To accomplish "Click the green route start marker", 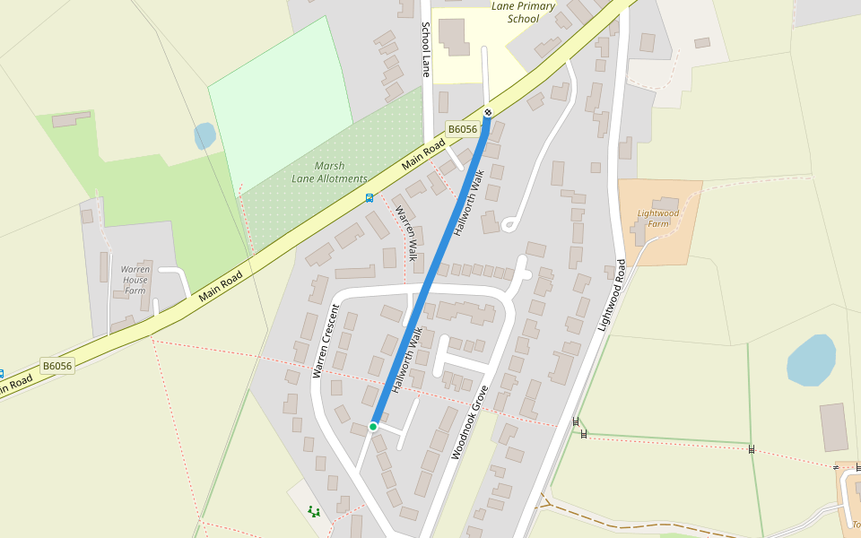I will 373,427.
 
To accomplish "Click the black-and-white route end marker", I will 488,112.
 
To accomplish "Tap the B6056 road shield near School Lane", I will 462,129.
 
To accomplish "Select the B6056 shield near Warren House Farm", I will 57,366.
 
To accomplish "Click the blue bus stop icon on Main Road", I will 369,197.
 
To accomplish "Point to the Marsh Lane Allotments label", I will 329,172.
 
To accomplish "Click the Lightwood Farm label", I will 658,218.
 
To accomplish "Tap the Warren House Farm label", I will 135,279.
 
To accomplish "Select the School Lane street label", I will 426,50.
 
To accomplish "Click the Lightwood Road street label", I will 610,296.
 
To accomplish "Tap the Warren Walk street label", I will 406,232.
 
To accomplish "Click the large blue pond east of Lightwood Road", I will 810,360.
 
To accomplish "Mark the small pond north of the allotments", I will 204,136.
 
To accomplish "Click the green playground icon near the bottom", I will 313,511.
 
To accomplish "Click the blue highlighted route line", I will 430,269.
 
